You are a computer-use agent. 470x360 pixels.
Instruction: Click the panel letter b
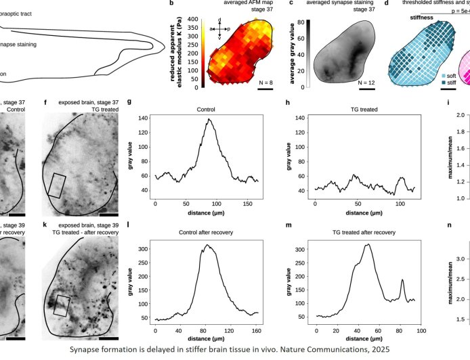[171, 4]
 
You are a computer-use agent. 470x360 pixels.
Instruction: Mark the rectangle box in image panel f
[59, 175]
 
